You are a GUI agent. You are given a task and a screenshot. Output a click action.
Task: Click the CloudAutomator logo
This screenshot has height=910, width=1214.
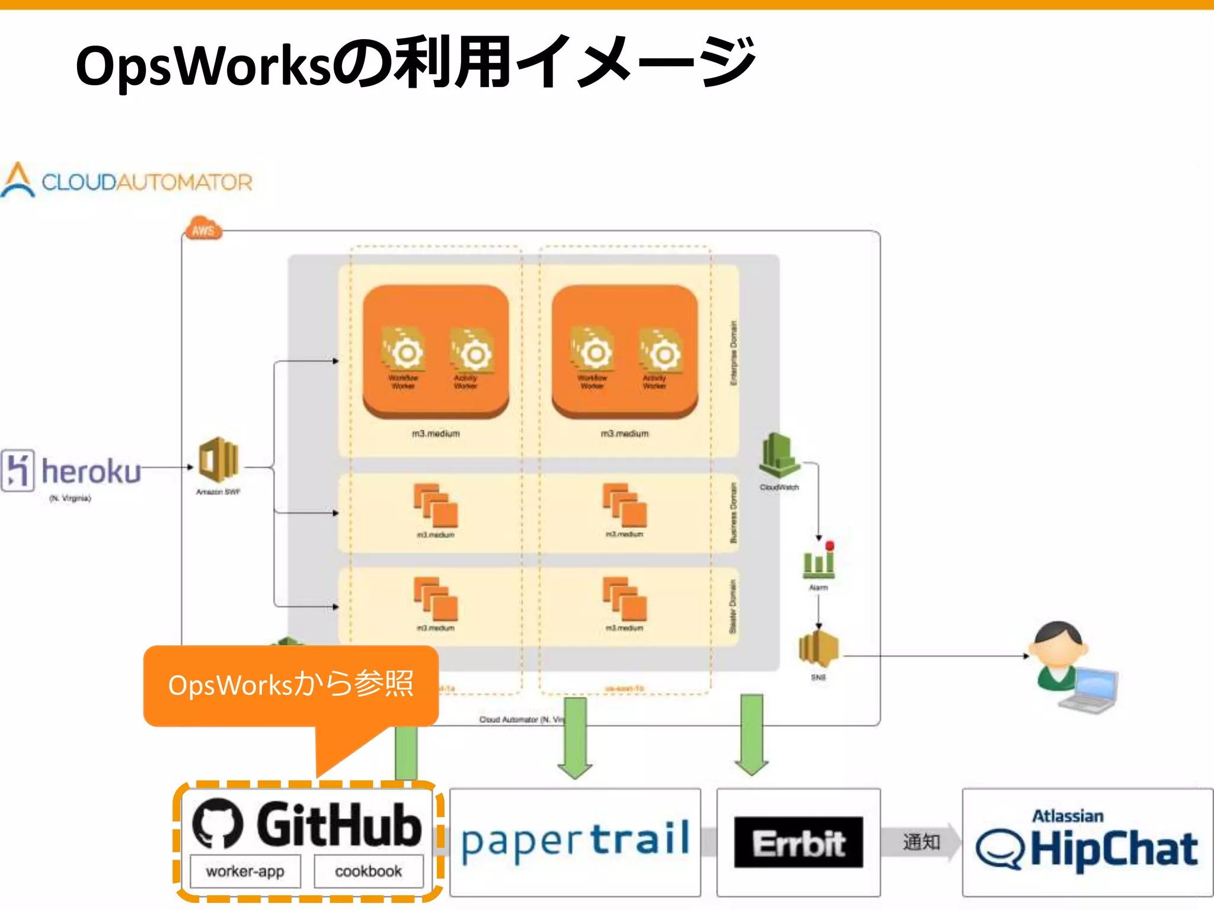[127, 181]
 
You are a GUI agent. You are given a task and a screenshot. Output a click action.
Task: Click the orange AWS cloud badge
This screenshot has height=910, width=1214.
[203, 229]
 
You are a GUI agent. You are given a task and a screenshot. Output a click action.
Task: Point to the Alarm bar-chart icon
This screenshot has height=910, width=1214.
[819, 560]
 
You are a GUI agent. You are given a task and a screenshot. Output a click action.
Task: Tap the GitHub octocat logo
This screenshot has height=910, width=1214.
[218, 824]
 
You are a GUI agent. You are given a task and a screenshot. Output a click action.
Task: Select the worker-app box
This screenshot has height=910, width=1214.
[245, 871]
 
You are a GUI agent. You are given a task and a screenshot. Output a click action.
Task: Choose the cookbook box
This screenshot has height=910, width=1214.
[368, 871]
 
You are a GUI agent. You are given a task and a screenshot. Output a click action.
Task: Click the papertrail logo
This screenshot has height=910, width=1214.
[574, 842]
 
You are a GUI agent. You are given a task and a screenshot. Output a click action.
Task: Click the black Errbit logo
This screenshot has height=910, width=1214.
[798, 842]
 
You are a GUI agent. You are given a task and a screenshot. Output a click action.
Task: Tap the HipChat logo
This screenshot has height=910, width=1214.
[1087, 842]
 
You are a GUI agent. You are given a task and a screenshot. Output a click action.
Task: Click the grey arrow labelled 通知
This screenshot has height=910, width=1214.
[921, 842]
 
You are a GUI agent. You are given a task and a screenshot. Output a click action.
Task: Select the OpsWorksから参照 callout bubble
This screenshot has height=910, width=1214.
[290, 685]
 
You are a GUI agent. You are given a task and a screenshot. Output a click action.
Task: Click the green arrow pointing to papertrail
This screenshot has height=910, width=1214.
[575, 738]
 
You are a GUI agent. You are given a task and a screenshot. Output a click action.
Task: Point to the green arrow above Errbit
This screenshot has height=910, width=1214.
[752, 735]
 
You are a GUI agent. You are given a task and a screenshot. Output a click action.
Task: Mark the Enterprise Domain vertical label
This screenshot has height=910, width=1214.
[734, 354]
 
